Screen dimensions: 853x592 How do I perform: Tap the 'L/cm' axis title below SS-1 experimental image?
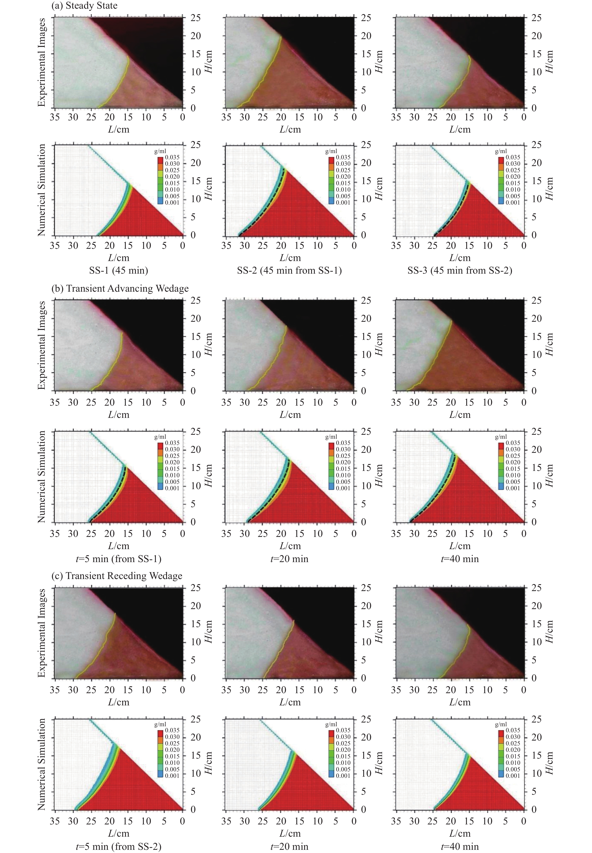[118, 130]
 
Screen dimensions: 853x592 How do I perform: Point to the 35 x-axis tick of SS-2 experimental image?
[226, 117]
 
